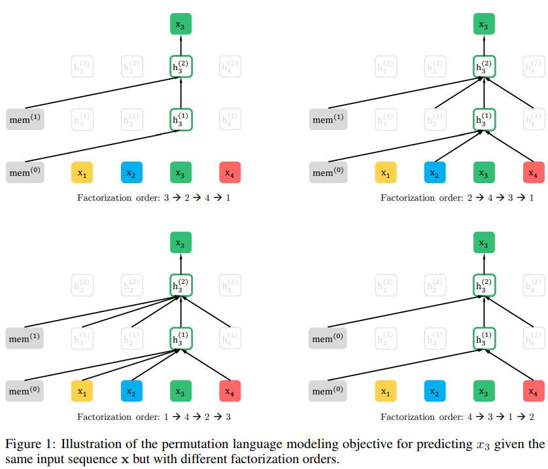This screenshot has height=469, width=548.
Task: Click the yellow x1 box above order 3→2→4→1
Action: pyautogui.click(x=82, y=173)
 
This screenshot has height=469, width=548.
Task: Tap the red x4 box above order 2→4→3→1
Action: pyautogui.click(x=534, y=173)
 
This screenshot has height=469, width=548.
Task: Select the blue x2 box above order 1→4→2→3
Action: pyautogui.click(x=131, y=392)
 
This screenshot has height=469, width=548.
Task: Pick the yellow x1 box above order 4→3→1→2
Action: pyautogui.click(x=386, y=392)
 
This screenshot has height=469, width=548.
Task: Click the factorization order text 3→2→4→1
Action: pyautogui.click(x=154, y=198)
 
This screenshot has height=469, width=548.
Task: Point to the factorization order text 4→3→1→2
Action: pyautogui.click(x=457, y=417)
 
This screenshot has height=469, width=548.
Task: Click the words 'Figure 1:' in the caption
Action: pyautogui.click(x=25, y=444)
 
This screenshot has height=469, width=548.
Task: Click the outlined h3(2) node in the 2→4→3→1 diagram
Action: pyautogui.click(x=485, y=66)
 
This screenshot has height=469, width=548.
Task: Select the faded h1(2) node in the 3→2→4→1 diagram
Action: pyautogui.click(x=82, y=66)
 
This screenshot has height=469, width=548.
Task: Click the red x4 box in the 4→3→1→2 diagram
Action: pyautogui.click(x=534, y=392)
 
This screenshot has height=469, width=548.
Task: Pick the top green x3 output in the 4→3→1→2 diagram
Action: pyautogui.click(x=485, y=244)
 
